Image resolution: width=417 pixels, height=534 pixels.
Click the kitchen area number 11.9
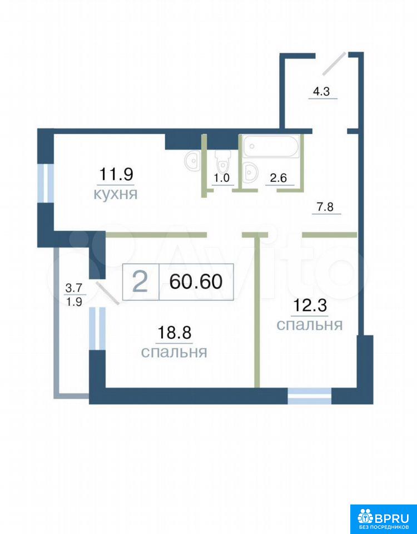(x=116, y=175)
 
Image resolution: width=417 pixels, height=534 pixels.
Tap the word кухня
(x=116, y=195)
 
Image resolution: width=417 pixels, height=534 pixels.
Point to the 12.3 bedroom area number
(x=310, y=305)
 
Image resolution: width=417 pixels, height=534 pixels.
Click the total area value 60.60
(x=196, y=281)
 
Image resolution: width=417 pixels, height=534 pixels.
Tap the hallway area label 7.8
(x=326, y=207)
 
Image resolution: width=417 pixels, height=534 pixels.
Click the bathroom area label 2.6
(x=279, y=179)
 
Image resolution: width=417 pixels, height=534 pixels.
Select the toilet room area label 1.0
(x=222, y=179)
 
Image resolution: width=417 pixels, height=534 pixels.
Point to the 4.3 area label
(x=322, y=92)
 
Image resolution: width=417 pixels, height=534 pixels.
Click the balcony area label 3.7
(x=73, y=289)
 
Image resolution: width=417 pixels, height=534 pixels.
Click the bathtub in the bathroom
(x=271, y=146)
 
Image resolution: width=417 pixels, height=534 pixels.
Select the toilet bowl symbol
(x=222, y=162)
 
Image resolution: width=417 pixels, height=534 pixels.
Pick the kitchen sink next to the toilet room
(x=193, y=160)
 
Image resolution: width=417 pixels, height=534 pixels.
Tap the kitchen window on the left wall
(x=46, y=184)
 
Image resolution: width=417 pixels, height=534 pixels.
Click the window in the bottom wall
(x=310, y=395)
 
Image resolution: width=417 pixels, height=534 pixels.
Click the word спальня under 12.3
(x=310, y=325)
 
